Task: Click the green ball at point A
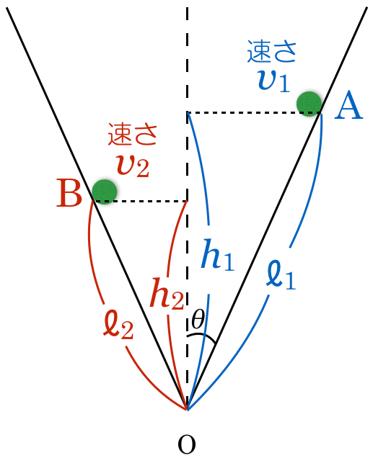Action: point(309,104)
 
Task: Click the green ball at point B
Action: point(105,192)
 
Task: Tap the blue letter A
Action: point(348,105)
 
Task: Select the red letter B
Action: point(69,193)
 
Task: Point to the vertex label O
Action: point(187,444)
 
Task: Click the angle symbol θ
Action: point(198,319)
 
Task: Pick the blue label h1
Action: point(217,254)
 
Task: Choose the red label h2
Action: point(167,293)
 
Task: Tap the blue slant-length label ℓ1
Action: point(281,274)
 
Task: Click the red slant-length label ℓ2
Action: point(118,324)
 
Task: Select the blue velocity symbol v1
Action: point(274,81)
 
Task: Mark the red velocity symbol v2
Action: point(133,166)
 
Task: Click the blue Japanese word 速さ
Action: point(271,52)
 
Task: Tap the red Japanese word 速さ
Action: point(133,134)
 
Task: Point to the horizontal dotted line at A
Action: point(254,112)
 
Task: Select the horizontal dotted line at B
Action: point(140,201)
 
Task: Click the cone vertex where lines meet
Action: point(187,410)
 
